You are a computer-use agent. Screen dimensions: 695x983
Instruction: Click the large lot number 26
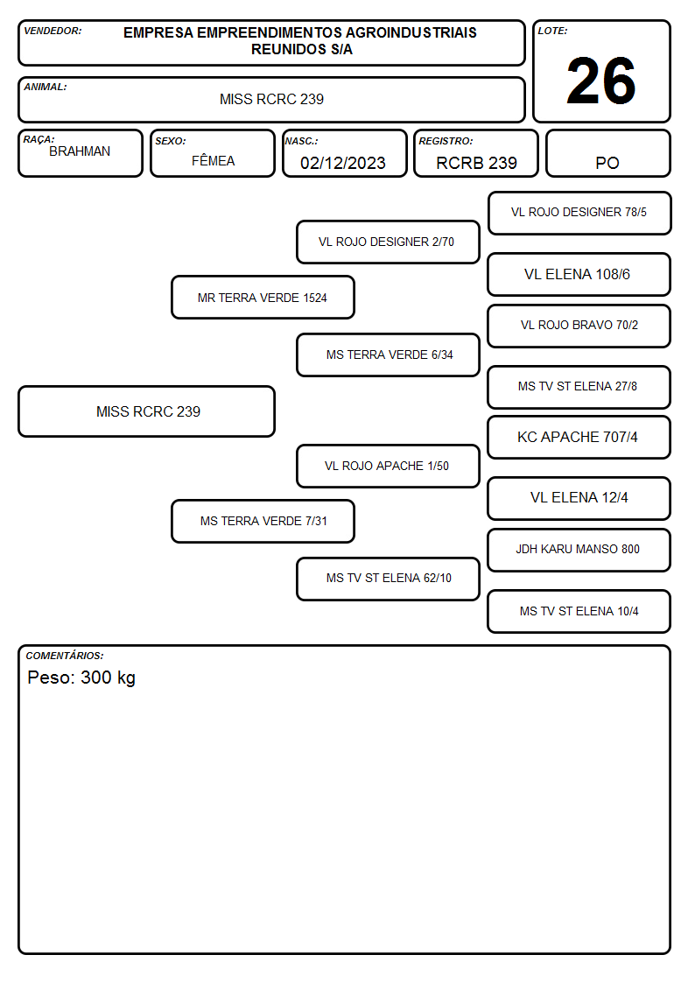coord(600,81)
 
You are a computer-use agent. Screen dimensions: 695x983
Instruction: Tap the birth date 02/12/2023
coord(343,163)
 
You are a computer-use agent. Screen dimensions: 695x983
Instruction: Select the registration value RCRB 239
coord(476,163)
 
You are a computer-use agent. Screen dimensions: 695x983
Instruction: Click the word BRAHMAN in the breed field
coord(80,151)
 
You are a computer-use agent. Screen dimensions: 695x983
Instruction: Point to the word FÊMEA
coord(213,160)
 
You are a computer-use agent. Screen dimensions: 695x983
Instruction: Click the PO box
coord(607,153)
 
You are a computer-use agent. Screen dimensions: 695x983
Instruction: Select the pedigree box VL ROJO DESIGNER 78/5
coord(579,214)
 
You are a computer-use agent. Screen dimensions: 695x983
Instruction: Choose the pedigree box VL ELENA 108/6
coord(579,275)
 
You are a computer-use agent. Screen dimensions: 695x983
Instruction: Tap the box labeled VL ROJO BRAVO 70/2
coord(579,326)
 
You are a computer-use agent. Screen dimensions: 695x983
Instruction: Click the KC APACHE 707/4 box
coord(579,438)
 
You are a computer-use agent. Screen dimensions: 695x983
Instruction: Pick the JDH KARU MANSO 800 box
coord(579,550)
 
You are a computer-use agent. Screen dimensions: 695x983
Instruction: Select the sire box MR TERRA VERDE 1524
coord(263,298)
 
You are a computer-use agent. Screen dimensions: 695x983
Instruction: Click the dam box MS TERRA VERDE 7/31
coord(263,521)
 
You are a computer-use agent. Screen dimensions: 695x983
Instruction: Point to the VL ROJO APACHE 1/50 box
coord(388,466)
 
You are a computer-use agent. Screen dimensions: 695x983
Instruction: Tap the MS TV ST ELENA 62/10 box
coord(388,579)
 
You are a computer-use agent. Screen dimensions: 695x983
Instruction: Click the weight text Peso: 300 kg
coord(81,678)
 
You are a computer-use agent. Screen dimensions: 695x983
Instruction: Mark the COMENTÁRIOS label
coord(65,656)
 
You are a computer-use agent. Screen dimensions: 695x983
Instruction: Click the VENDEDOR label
coord(53,31)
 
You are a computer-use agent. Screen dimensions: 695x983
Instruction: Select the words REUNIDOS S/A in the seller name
coord(302,50)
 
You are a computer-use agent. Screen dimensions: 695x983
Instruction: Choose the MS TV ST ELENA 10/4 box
coord(579,611)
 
